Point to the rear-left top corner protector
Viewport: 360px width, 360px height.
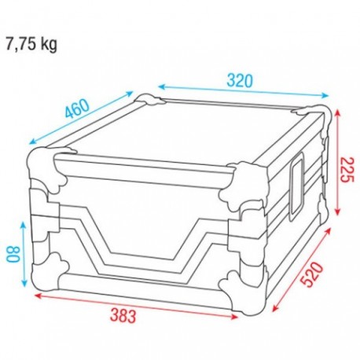tap(149, 100)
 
